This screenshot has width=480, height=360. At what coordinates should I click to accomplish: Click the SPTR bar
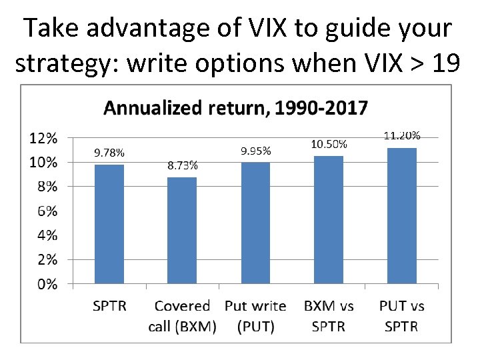coord(109,224)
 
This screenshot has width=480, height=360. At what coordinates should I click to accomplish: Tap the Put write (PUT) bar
coord(255,223)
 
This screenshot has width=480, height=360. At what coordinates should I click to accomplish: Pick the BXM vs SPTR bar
coord(329,219)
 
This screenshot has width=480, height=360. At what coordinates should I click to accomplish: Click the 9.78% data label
coord(109,152)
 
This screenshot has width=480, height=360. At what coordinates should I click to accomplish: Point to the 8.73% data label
coord(181,166)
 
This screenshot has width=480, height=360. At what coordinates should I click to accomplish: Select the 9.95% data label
coord(255,151)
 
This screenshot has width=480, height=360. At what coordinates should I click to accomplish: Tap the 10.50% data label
coord(329,143)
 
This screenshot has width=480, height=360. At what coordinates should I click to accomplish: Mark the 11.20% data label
coord(402,135)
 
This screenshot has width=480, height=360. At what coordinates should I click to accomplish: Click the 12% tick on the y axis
coord(42,138)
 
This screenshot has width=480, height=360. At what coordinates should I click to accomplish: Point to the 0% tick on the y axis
coord(45,284)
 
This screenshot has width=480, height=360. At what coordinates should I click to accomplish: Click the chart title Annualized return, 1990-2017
coord(235,107)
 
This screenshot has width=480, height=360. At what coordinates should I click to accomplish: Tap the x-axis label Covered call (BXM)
coord(182,316)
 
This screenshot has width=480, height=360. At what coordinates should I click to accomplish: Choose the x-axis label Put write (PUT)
coord(255,316)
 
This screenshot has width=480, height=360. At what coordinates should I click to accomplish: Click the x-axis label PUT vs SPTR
coord(401,316)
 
